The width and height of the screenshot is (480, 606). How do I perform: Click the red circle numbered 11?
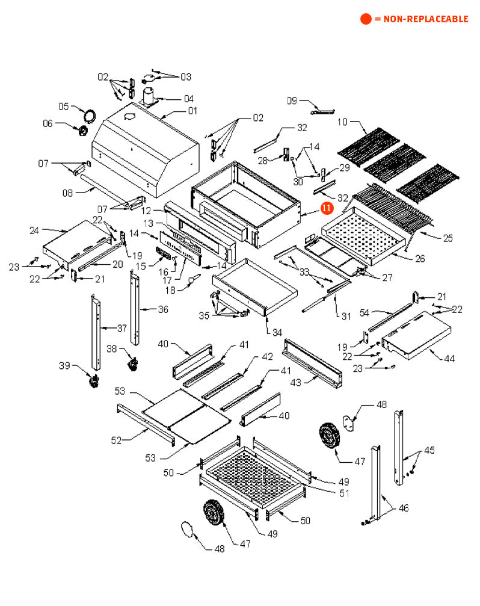click(x=327, y=208)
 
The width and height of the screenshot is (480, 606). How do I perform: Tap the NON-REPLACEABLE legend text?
click(x=425, y=19)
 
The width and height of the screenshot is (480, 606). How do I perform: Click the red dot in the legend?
click(x=366, y=19)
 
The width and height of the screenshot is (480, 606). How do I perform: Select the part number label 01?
click(x=192, y=111)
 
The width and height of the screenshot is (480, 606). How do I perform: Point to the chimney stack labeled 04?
click(x=149, y=96)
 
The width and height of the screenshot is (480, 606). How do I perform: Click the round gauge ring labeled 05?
click(x=90, y=116)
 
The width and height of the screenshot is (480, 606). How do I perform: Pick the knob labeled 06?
click(x=82, y=131)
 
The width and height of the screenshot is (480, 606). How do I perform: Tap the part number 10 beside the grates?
click(x=342, y=122)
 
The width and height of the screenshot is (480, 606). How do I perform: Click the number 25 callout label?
click(x=448, y=238)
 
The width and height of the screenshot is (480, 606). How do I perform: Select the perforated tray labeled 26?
click(x=363, y=235)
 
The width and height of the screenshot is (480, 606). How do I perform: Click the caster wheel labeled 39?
click(x=94, y=381)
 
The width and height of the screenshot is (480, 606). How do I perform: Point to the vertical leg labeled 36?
click(x=134, y=308)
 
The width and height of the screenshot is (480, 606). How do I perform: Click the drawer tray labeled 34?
click(x=254, y=287)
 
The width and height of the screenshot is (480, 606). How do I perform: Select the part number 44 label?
click(x=449, y=359)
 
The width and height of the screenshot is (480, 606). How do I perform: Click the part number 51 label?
click(x=344, y=493)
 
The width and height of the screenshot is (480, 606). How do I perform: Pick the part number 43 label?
click(x=295, y=383)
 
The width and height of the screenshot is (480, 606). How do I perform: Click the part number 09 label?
click(x=292, y=101)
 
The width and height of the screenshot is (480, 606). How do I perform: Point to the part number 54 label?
click(x=365, y=313)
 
